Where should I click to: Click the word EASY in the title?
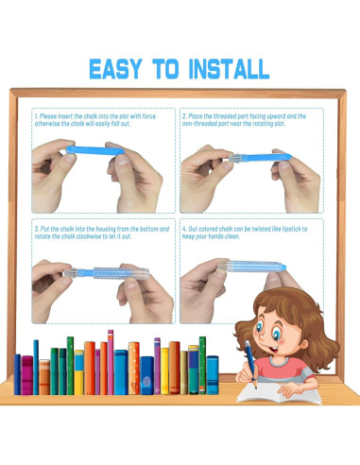coord(115,69)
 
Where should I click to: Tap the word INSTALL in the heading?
coord(229,69)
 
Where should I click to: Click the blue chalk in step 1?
coord(95,150)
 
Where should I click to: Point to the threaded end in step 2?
coord(237,158)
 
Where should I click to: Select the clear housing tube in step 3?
coord(121,273)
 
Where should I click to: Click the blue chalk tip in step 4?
coord(283,267)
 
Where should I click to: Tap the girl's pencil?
coord(251,364)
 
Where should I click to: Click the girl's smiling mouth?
coord(273,349)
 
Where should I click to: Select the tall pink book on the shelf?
coord(111,362)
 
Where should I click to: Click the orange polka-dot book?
coord(134,368)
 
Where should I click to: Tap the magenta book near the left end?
coord(27,375)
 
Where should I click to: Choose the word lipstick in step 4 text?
coord(292,229)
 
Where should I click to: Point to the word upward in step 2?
coord(276,116)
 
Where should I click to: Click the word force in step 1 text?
coord(149,116)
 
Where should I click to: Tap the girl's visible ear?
coord(304,344)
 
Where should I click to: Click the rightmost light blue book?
coord(213,374)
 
